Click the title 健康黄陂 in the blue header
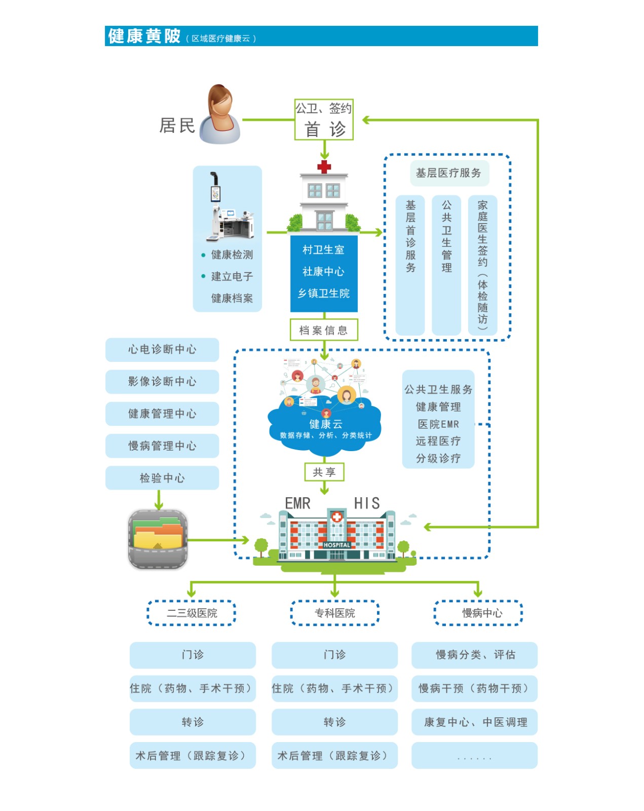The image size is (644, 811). coord(144,36)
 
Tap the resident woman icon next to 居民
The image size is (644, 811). coord(220,115)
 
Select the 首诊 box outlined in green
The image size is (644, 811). coord(324,120)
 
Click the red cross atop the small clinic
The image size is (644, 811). coord(324,167)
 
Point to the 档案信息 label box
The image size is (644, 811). coord(324,330)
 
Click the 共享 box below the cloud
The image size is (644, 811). coord(324,472)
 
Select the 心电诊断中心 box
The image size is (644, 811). coord(162,350)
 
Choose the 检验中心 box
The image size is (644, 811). coord(162,478)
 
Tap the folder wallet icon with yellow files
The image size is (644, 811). coord(158,539)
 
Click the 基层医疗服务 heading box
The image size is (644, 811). coord(448,173)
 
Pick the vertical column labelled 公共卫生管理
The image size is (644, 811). coord(446,265)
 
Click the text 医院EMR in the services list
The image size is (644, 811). coord(438,424)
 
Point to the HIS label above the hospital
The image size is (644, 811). coord(366,503)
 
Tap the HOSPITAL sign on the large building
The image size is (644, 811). coord(337,545)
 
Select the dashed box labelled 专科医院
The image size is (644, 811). coord(335,613)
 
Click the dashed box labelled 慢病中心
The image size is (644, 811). coord(478,613)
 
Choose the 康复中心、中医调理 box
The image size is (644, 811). coord(475,722)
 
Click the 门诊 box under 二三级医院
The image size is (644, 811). coord(193,655)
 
